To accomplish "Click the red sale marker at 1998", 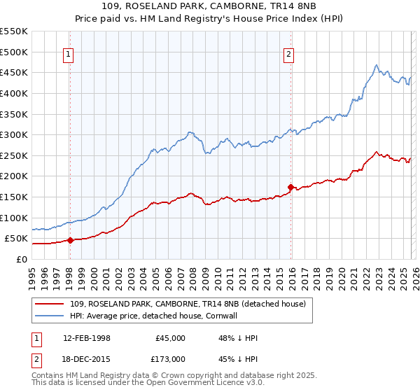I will (x=69, y=240).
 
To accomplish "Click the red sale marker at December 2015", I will (x=290, y=187).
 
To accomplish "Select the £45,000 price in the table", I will (x=171, y=338).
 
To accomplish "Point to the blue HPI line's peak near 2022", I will (x=377, y=66).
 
